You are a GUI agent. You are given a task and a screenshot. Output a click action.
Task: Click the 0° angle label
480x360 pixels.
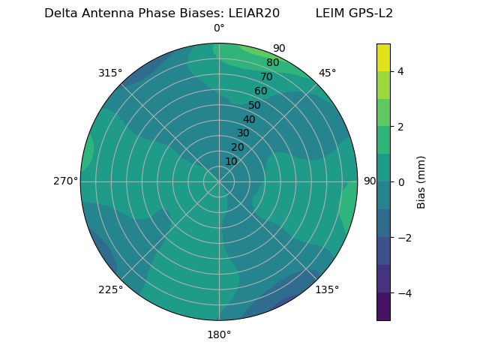219,28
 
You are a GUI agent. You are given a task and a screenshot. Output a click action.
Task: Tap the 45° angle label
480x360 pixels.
327,73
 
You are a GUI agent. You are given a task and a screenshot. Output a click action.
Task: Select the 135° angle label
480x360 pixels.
327,289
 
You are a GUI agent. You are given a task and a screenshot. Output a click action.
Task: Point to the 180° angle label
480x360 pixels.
219,334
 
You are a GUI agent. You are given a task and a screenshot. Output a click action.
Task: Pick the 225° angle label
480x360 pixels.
110,290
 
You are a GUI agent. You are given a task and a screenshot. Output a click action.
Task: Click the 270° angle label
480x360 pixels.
65,181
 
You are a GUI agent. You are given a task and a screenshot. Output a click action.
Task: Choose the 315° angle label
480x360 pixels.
110,73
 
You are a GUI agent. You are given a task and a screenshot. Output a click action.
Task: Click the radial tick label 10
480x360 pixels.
231,161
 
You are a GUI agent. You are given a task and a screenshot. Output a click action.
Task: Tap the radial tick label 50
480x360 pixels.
255,106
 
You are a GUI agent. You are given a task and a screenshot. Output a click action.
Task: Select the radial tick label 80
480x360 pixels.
272,63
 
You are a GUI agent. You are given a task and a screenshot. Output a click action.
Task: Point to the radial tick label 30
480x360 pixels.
243,133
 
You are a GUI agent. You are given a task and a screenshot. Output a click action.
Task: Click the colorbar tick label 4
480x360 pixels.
400,71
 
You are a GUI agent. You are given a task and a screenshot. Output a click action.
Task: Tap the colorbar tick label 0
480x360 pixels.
400,182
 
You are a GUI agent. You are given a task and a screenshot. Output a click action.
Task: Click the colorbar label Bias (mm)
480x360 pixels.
421,182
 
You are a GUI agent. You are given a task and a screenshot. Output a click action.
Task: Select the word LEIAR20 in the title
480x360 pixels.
253,13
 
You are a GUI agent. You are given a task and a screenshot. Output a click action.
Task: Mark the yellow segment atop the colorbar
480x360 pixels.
383,58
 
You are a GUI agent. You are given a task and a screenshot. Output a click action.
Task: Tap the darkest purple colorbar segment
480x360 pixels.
383,307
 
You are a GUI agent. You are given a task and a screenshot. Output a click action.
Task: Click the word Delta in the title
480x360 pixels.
61,13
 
